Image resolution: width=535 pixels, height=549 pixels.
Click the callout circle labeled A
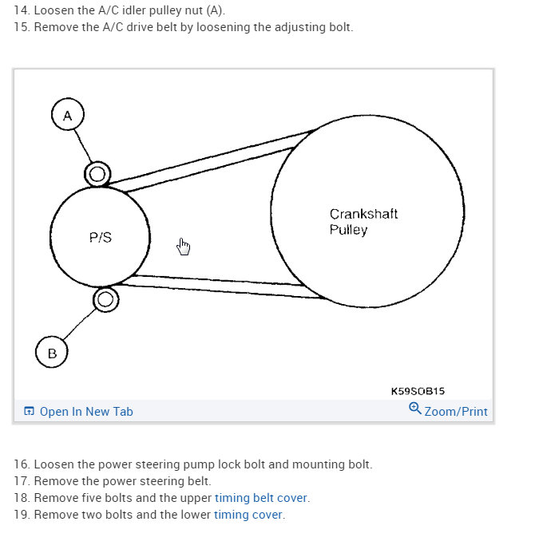pyautogui.click(x=67, y=116)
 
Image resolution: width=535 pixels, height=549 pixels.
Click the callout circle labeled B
pyautogui.click(x=52, y=353)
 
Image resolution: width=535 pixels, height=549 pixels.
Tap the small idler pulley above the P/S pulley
pyautogui.click(x=97, y=173)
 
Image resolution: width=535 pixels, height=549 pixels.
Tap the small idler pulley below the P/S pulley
pyautogui.click(x=105, y=300)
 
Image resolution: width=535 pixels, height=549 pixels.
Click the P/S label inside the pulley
pyautogui.click(x=100, y=238)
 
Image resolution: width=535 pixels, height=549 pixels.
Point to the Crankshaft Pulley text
pyautogui.click(x=363, y=222)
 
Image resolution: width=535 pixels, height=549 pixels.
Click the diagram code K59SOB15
pyautogui.click(x=417, y=391)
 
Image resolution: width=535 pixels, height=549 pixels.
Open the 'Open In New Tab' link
pyautogui.click(x=86, y=412)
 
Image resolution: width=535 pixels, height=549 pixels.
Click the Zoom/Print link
pyautogui.click(x=455, y=412)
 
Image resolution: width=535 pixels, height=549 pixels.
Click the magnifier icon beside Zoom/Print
pyautogui.click(x=415, y=409)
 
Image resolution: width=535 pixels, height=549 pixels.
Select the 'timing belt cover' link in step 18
pyautogui.click(x=261, y=498)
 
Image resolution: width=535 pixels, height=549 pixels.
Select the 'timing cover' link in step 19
pyautogui.click(x=248, y=515)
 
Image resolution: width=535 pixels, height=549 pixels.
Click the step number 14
pyautogui.click(x=22, y=10)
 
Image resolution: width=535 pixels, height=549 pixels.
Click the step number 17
pyautogui.click(x=22, y=481)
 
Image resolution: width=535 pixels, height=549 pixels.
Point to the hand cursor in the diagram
pyautogui.click(x=184, y=247)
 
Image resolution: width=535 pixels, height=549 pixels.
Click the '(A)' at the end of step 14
pyautogui.click(x=216, y=10)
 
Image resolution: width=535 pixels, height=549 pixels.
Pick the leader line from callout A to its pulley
pyautogui.click(x=85, y=147)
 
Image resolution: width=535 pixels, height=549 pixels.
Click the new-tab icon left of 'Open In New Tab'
pyautogui.click(x=30, y=412)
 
